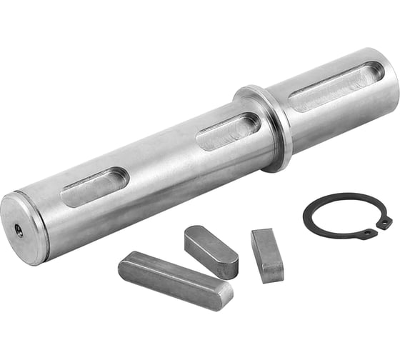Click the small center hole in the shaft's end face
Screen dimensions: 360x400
19,231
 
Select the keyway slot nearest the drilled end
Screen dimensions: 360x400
95,188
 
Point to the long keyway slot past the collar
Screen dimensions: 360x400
336,86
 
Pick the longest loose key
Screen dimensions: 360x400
174,279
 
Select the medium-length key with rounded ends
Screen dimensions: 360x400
211,251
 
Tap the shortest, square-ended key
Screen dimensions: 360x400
267,254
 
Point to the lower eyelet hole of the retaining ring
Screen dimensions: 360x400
366,233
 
